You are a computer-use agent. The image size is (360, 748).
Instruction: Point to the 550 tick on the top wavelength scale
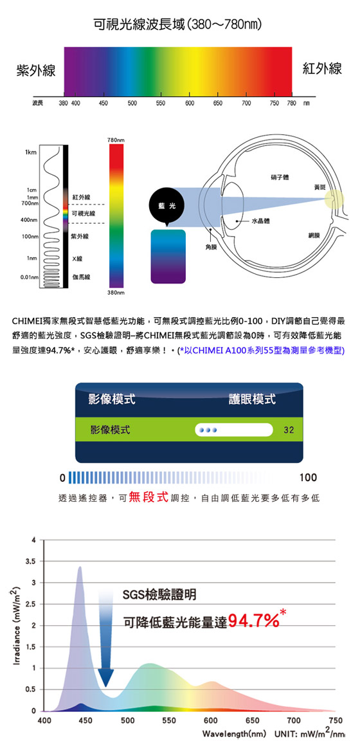pos(160,103)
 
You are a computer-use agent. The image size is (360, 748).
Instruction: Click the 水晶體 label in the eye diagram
pos(261,221)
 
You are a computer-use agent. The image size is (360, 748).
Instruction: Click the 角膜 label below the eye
pos(210,248)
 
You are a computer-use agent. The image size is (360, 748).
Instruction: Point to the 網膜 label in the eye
pos(315,235)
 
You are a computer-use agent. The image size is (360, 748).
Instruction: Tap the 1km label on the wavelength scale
pos(31,152)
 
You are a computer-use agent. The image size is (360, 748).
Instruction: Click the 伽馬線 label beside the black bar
pos(78,276)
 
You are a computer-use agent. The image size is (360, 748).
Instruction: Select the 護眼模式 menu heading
pos(252,399)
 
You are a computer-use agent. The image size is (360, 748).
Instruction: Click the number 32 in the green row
pos(287,430)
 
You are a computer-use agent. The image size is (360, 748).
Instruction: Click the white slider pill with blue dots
pos(233,430)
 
